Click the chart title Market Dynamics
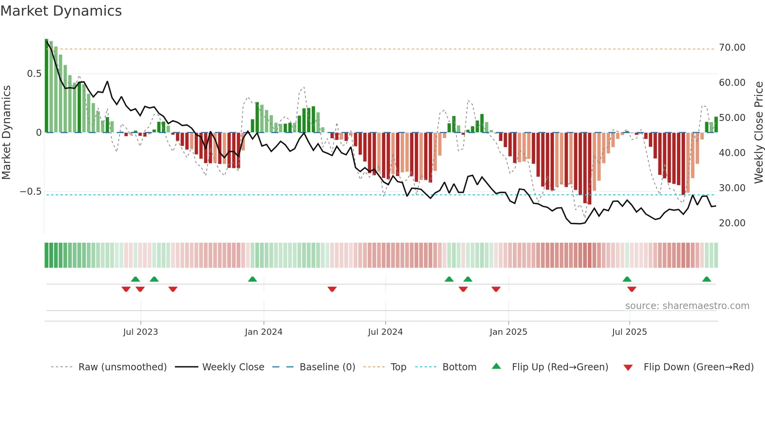click(61, 11)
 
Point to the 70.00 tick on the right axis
click(732, 48)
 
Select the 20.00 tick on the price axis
click(732, 223)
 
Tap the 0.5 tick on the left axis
click(34, 74)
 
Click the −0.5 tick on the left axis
click(31, 192)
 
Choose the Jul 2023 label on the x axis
click(141, 332)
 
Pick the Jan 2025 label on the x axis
click(508, 332)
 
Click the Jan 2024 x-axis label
click(263, 332)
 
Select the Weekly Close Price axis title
click(758, 132)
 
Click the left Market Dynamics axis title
click(6, 132)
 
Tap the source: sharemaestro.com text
click(687, 306)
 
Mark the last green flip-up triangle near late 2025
click(706, 279)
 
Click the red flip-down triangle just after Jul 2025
click(632, 289)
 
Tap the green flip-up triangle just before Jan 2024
click(253, 279)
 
